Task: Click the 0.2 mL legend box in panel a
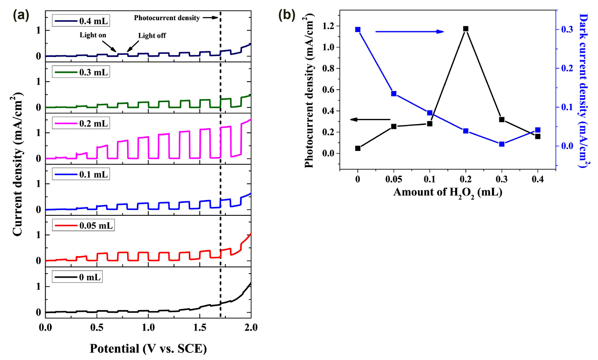click(x=81, y=123)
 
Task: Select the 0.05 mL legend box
click(x=83, y=226)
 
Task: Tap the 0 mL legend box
click(x=77, y=277)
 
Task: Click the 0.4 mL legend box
click(x=81, y=21)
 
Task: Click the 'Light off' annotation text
click(x=152, y=36)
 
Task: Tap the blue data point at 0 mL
click(x=358, y=29)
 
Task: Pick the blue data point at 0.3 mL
click(x=502, y=144)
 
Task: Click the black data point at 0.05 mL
click(x=394, y=126)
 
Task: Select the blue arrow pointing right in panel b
click(x=409, y=32)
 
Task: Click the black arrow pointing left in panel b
click(x=370, y=119)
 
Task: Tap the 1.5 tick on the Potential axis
click(x=199, y=328)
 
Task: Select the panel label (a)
click(x=21, y=16)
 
